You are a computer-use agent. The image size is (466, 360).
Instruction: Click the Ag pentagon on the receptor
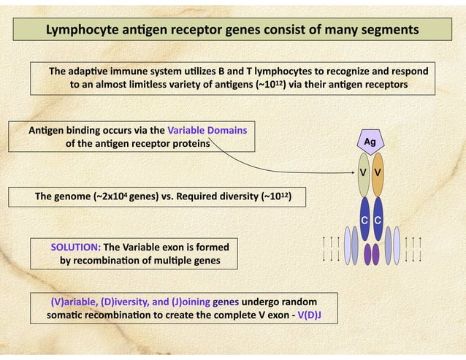pyautogui.click(x=370, y=142)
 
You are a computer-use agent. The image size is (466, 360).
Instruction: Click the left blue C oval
pyautogui.click(x=364, y=220)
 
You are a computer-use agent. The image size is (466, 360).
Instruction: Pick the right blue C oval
pyautogui.click(x=378, y=220)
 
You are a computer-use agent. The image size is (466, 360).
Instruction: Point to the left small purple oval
pyautogui.click(x=367, y=253)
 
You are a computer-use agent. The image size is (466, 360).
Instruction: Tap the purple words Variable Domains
pyautogui.click(x=207, y=131)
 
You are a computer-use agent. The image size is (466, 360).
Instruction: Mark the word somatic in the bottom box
pyautogui.click(x=66, y=315)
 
